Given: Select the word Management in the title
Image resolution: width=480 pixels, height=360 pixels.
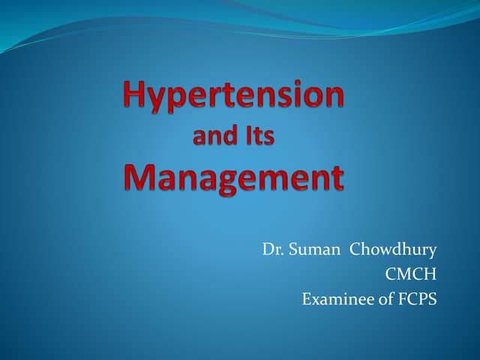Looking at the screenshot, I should tap(233, 178).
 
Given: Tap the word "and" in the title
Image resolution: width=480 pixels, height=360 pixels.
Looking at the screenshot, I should tap(213, 138).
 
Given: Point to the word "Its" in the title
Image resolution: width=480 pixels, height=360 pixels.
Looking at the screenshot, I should tap(259, 138).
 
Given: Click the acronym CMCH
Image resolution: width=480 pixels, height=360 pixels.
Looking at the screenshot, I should tap(411, 274).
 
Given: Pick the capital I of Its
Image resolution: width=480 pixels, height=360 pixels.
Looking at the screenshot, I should tap(248, 138).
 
